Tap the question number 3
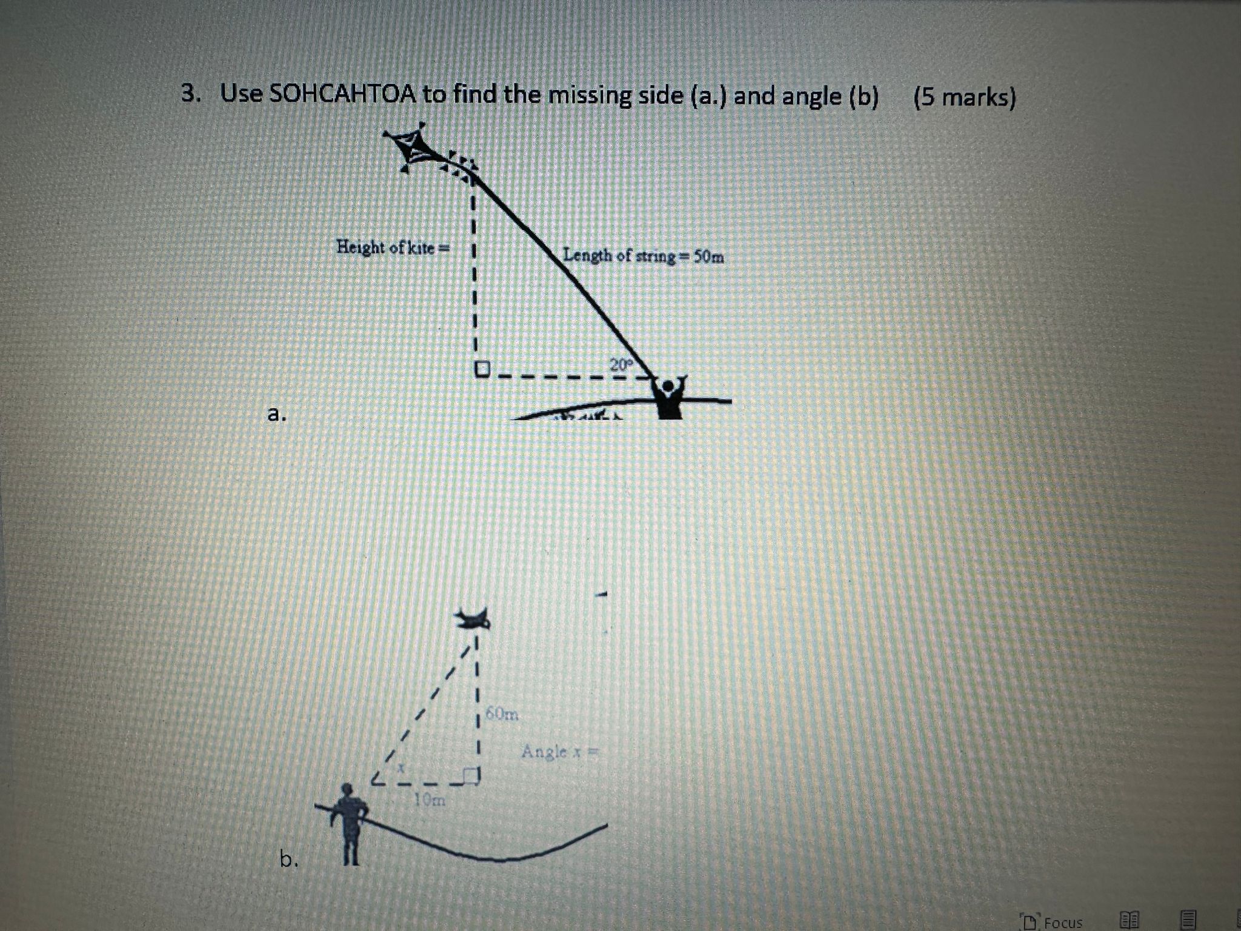tap(190, 94)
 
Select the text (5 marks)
tap(964, 97)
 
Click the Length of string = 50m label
tap(643, 256)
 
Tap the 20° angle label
tap(620, 365)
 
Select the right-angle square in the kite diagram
tap(482, 369)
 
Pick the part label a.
tap(276, 414)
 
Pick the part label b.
tap(288, 858)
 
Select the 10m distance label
tap(430, 800)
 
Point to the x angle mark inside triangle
tap(401, 767)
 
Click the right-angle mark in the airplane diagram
tap(471, 775)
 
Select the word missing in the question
tap(584, 96)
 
